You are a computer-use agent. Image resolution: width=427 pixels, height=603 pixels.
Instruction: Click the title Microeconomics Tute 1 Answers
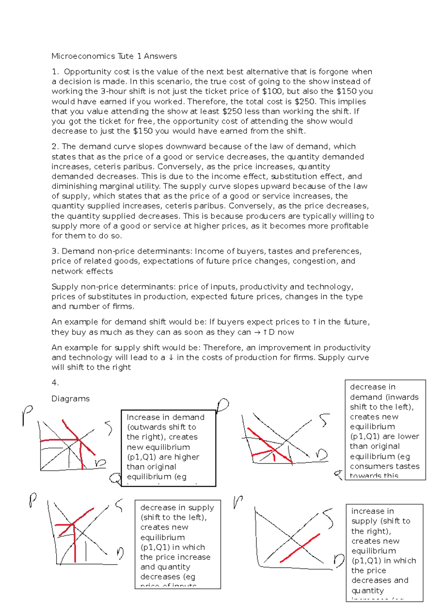coord(114,56)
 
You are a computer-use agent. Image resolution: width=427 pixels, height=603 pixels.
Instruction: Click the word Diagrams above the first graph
coord(70,399)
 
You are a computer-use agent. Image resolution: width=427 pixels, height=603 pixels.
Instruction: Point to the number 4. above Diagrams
coord(55,383)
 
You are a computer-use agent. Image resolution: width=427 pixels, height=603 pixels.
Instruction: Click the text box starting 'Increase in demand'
coord(168,448)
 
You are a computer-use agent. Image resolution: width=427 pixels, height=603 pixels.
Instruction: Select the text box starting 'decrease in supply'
coord(177,544)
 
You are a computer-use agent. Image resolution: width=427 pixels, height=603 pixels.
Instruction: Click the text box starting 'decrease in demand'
coord(385,429)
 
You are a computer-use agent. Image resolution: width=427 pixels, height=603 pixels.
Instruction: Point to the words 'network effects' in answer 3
coord(82,271)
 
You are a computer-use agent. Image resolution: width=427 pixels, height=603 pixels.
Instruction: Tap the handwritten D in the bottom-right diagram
coord(339,561)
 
